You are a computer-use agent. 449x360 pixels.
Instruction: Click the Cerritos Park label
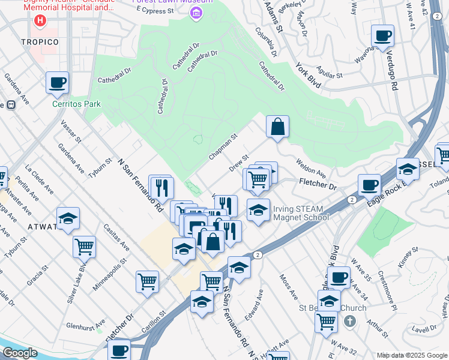[x=76, y=104]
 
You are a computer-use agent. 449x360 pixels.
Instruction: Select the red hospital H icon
[x=40, y=22]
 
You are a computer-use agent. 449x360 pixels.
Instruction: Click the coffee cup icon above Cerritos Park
[x=57, y=82]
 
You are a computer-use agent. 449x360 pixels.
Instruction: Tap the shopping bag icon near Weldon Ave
[x=277, y=127]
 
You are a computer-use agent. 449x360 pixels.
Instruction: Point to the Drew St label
[x=239, y=164]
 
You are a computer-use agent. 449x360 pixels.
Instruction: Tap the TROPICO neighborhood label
[x=40, y=42]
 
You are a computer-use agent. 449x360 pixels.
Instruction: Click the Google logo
[x=20, y=353]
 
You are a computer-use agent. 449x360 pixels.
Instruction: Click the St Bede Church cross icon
[x=350, y=322]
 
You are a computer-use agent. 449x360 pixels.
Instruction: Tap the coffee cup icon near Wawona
[x=382, y=35]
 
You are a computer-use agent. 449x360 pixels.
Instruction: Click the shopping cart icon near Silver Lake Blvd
[x=84, y=245]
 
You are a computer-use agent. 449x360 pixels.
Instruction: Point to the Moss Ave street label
[x=289, y=287]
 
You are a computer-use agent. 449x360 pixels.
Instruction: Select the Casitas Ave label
[x=116, y=238]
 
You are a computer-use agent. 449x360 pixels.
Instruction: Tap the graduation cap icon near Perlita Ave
[x=68, y=218]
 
